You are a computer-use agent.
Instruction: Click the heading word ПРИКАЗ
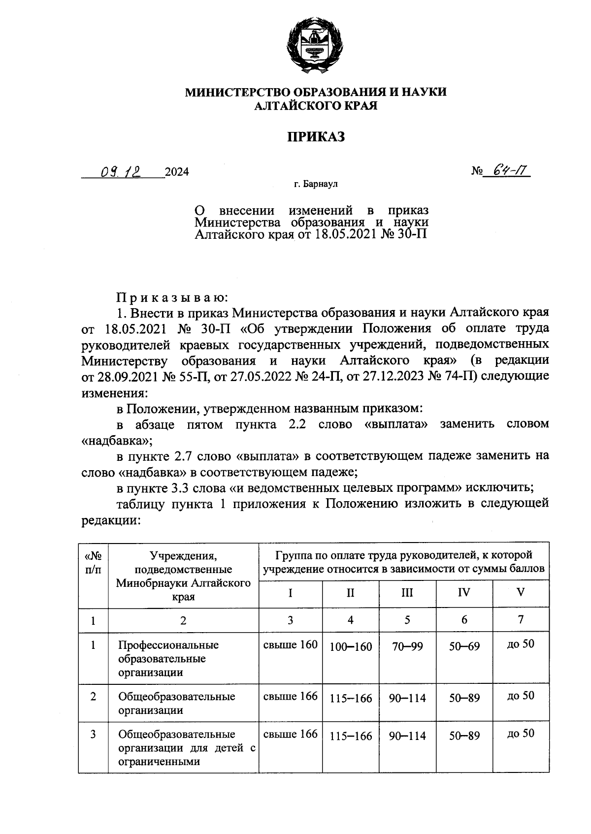click(316, 136)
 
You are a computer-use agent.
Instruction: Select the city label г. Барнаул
click(316, 185)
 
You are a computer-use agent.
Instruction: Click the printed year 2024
click(177, 172)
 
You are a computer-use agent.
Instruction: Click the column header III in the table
click(407, 593)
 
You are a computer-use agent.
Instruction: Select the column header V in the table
click(521, 592)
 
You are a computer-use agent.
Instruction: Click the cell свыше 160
click(291, 644)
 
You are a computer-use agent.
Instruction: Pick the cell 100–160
click(351, 646)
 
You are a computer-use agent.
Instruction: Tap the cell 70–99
click(407, 646)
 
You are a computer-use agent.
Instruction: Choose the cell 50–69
click(464, 646)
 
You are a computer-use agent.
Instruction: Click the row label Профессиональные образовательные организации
click(168, 659)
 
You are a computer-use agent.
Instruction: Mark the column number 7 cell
click(521, 619)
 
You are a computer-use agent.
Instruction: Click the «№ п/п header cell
click(93, 563)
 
